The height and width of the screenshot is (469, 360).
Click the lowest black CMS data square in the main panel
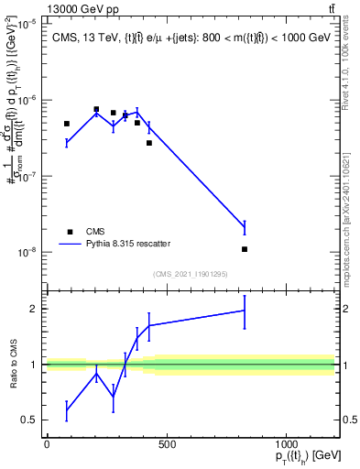[x=245, y=249]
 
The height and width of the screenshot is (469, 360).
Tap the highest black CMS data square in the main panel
[x=96, y=109]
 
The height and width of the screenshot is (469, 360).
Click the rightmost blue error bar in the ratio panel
[x=245, y=311]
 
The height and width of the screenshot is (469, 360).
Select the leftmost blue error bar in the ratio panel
[x=67, y=410]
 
